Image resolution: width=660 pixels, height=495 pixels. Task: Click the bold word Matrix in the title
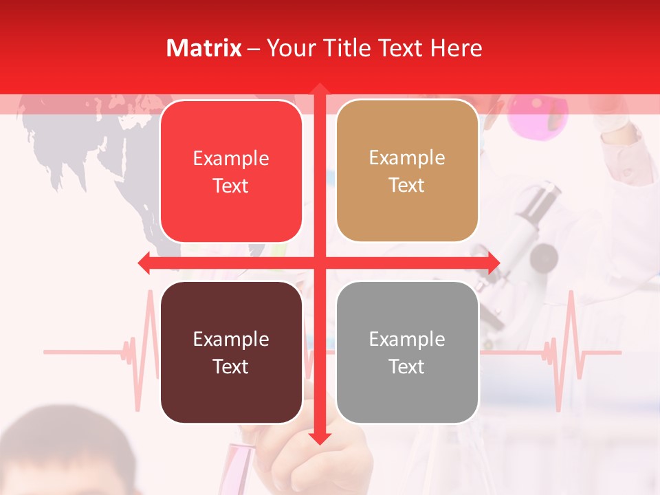pos(203,48)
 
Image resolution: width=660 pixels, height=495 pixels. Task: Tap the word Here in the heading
pos(456,48)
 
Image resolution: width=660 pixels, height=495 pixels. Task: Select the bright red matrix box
pos(231,171)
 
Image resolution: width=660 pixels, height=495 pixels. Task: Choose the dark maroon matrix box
pos(231,352)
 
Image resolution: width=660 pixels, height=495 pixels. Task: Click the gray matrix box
pos(407,352)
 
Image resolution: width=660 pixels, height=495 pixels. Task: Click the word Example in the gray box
pos(407,339)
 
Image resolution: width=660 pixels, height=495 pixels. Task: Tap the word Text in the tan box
pos(407,186)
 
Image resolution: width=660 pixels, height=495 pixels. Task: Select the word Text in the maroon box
pos(231,366)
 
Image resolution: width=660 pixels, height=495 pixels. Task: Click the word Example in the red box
pos(231,158)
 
